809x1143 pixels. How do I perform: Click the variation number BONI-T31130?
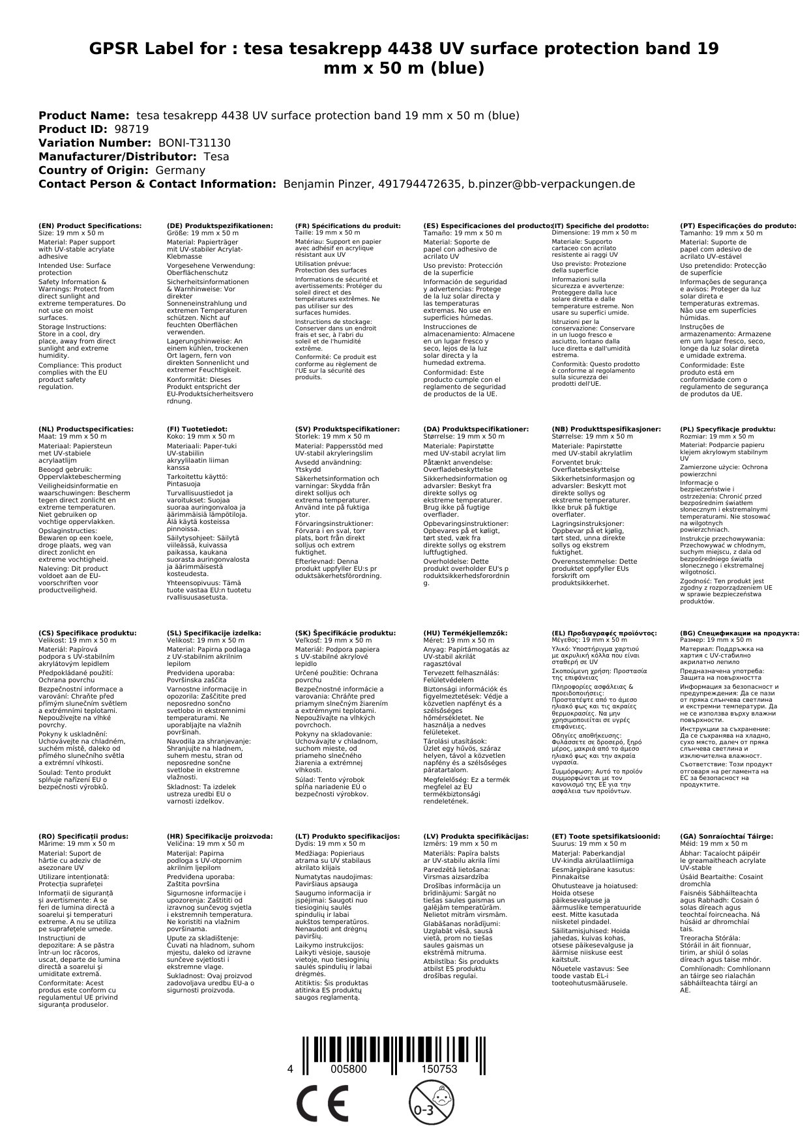click(194, 143)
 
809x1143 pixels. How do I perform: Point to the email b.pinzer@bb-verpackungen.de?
click(552, 184)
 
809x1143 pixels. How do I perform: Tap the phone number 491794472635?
click(419, 184)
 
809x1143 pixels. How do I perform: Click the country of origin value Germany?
click(180, 170)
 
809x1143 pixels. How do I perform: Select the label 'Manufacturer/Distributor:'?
click(117, 156)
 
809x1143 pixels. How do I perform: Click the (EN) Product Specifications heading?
click(90, 225)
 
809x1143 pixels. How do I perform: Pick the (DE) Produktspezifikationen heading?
click(220, 225)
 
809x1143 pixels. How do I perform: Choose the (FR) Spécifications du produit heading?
click(347, 225)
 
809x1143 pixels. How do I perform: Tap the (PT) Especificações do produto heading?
click(738, 225)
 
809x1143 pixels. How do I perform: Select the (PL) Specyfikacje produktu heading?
click(728, 429)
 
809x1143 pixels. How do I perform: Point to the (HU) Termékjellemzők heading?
click(465, 633)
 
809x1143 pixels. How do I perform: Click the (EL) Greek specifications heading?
click(604, 633)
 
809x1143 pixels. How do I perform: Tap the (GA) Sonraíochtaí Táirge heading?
click(726, 836)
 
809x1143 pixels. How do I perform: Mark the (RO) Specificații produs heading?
click(83, 836)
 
